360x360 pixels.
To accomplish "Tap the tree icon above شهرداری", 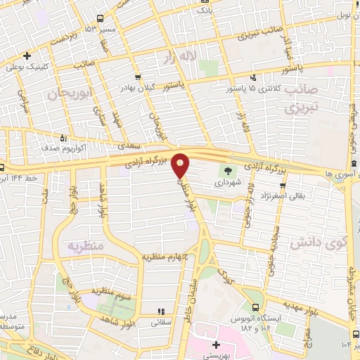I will (x=227, y=169).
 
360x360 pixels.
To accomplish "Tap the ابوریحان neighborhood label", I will (x=70, y=93).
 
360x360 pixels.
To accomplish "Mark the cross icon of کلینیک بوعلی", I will (x=27, y=56).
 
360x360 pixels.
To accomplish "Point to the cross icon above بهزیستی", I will (x=216, y=345).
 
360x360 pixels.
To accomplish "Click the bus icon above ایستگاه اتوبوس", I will (x=255, y=306).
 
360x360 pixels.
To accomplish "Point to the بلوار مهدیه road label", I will (x=281, y=304).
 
